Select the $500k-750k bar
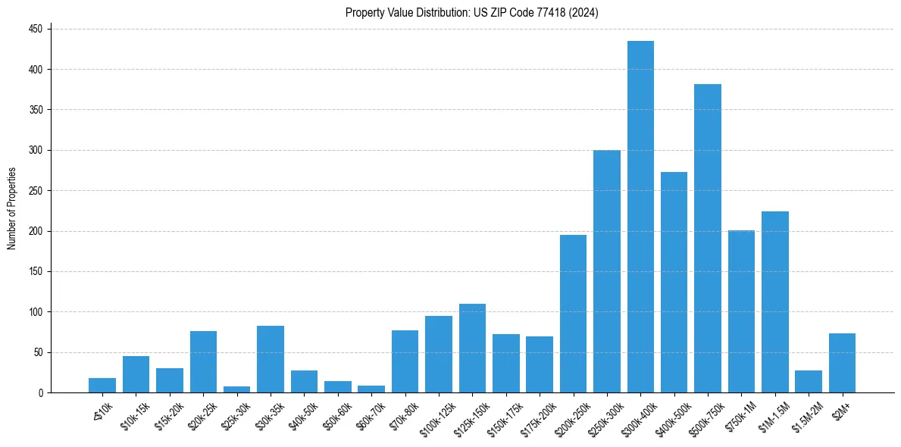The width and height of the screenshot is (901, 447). point(708,239)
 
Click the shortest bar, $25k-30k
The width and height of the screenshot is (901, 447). point(236,389)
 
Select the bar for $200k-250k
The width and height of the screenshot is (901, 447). point(573,314)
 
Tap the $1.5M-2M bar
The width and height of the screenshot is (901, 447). point(809,382)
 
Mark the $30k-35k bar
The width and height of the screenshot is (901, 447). point(271,359)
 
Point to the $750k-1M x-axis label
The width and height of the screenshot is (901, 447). point(738,416)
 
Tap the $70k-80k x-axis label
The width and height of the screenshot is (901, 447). point(403,416)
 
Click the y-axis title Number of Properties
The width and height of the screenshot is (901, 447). point(11,208)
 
